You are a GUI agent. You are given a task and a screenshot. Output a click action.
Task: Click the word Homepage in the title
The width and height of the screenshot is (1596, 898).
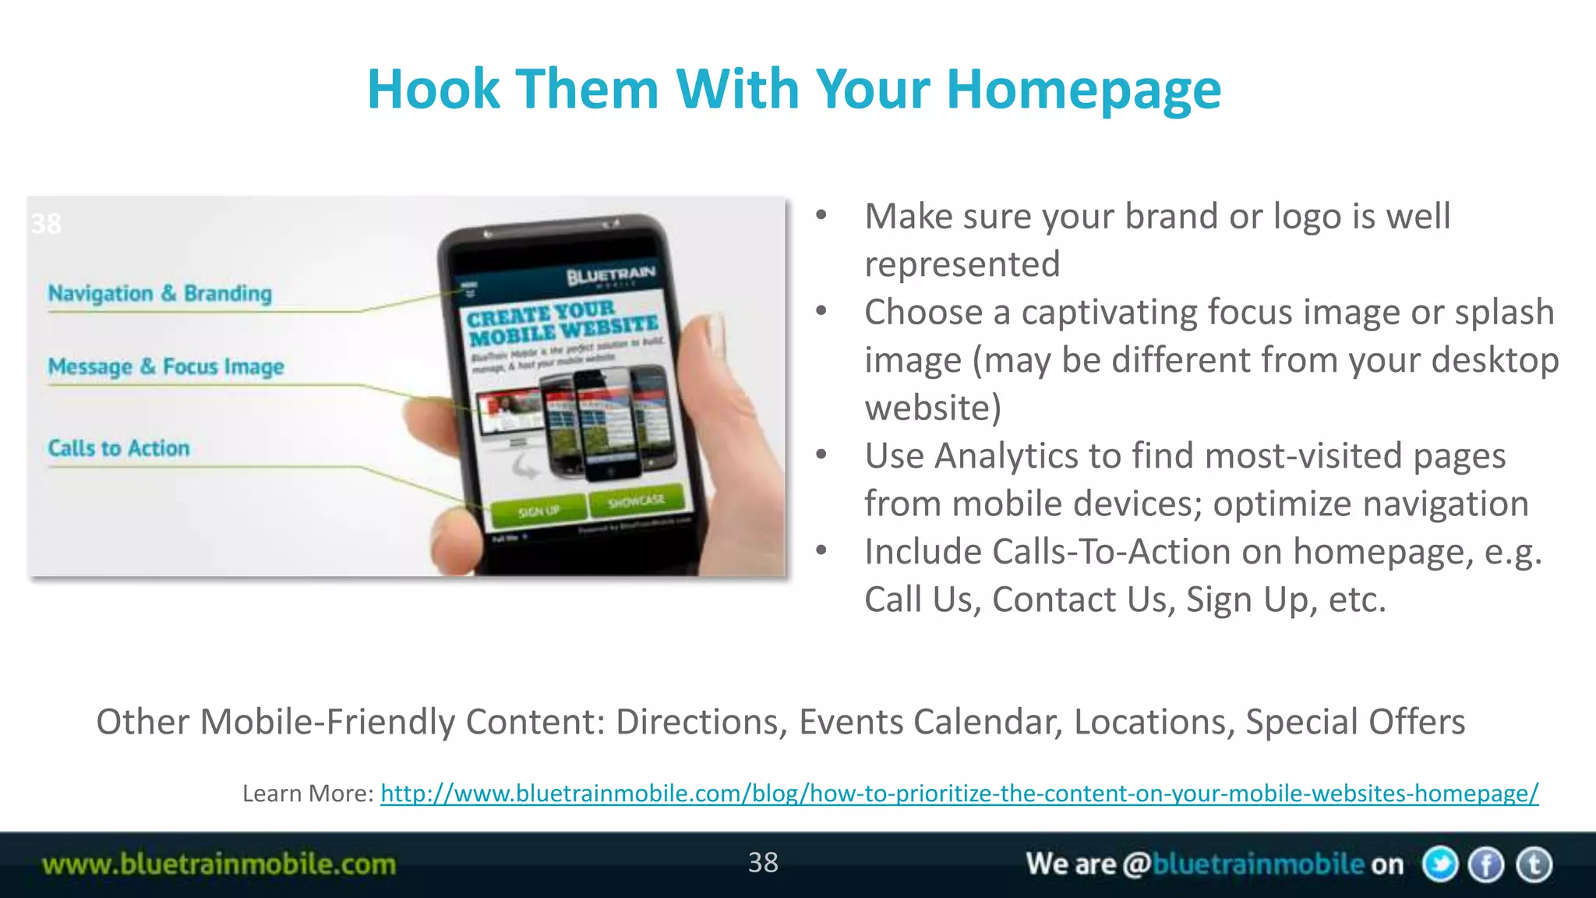1083,90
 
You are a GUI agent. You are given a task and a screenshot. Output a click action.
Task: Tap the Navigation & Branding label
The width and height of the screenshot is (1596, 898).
160,294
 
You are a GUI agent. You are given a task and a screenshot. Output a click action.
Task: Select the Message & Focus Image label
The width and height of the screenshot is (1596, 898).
165,366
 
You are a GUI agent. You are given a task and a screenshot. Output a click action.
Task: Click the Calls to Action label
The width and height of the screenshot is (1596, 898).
118,448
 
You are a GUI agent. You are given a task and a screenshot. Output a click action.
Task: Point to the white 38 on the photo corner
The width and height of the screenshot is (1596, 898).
46,224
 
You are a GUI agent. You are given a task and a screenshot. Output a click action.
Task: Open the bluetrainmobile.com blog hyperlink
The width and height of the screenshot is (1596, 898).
959,794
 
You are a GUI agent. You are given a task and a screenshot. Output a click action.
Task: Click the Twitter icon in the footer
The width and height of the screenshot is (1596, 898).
1439,864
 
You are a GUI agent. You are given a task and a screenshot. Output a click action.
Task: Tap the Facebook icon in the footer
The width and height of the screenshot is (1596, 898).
1486,864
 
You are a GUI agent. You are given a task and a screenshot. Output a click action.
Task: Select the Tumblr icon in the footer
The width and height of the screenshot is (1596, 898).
1534,864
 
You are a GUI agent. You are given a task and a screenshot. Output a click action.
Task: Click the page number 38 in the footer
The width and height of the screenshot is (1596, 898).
762,862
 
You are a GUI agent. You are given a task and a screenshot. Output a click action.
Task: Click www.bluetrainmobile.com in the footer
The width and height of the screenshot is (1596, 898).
219,864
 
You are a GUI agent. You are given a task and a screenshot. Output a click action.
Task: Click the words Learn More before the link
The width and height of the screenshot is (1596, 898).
307,794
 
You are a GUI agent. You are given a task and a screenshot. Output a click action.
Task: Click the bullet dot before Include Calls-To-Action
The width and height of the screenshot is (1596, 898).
821,550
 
